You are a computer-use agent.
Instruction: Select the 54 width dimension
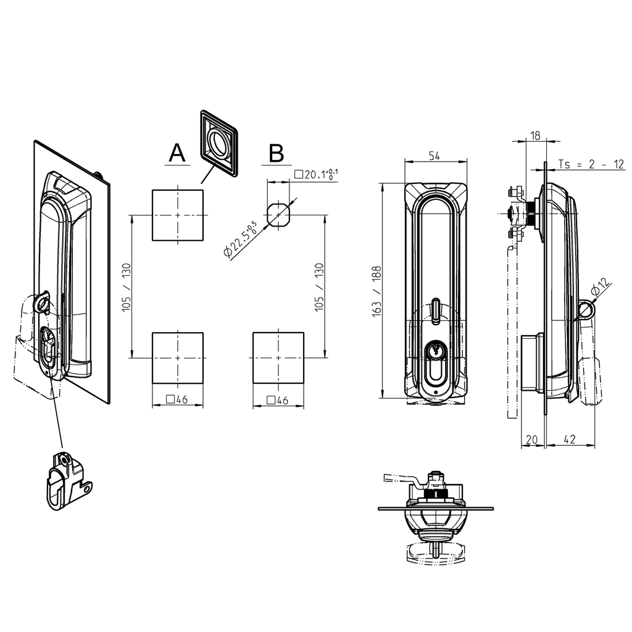434,157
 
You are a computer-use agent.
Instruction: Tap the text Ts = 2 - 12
591,164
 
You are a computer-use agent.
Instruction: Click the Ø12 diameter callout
601,288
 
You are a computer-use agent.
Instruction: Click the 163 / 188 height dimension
376,291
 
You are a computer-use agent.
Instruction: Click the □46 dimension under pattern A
177,400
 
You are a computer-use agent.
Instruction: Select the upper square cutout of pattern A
178,215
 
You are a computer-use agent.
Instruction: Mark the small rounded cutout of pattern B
278,214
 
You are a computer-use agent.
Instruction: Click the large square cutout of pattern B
278,357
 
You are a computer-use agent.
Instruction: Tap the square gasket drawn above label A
218,143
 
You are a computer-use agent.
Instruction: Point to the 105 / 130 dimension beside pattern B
320,286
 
